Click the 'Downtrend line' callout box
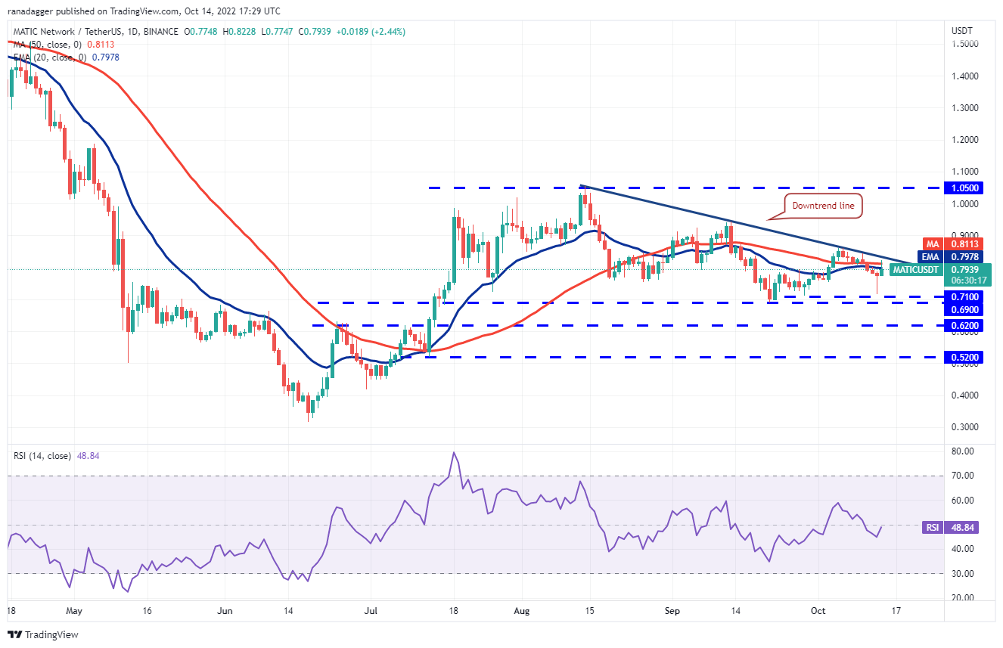[x=822, y=206]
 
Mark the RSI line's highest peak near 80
[x=454, y=453]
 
